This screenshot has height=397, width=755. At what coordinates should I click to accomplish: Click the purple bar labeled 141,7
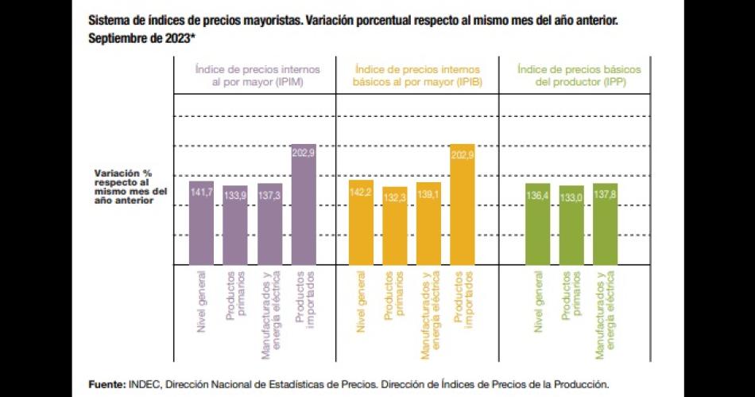[x=201, y=223]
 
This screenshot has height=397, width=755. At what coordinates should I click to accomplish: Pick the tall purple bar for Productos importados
[x=304, y=204]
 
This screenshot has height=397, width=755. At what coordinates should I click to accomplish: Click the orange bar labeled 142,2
[x=361, y=223]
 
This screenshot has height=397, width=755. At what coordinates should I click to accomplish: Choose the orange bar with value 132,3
[x=395, y=226]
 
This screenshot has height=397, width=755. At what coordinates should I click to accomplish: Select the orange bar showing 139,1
[x=428, y=224]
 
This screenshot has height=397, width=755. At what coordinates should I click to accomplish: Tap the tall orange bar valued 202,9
[x=463, y=204]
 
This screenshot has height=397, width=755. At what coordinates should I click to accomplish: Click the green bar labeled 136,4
[x=537, y=224]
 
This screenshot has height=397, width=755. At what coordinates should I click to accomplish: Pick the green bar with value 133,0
[x=571, y=225]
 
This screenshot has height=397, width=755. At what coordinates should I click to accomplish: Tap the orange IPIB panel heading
[x=416, y=76]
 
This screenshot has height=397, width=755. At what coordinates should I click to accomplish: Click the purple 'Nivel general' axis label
[x=201, y=302]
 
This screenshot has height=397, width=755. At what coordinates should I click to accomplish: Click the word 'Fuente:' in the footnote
[x=106, y=383]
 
